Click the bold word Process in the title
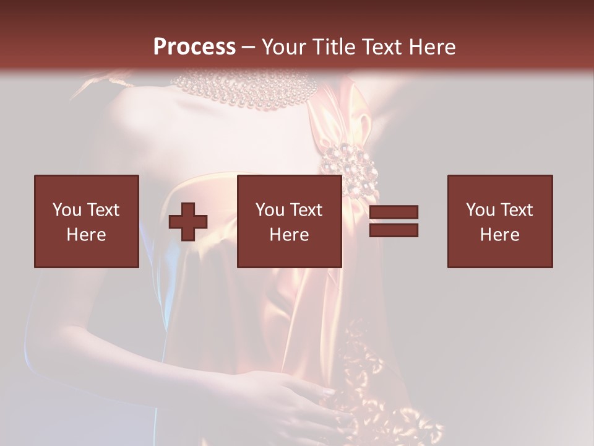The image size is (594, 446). (194, 47)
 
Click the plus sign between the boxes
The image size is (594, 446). (188, 222)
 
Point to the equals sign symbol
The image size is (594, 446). (394, 221)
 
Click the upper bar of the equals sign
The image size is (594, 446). (394, 212)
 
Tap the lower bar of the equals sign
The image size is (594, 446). (394, 230)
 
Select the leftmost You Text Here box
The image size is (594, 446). (87, 221)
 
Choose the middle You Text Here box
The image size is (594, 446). (290, 221)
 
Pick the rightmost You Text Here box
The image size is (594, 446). (500, 221)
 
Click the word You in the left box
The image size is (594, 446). (67, 210)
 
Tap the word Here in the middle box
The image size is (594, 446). (290, 235)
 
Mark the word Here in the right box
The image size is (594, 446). (500, 235)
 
